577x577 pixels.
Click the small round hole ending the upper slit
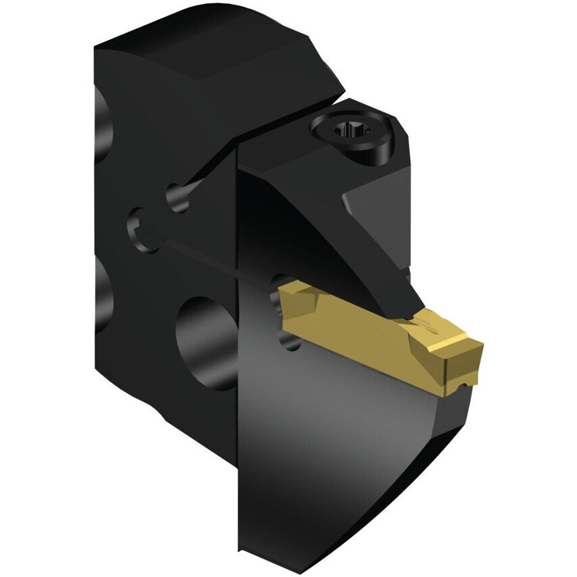(x=178, y=199)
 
